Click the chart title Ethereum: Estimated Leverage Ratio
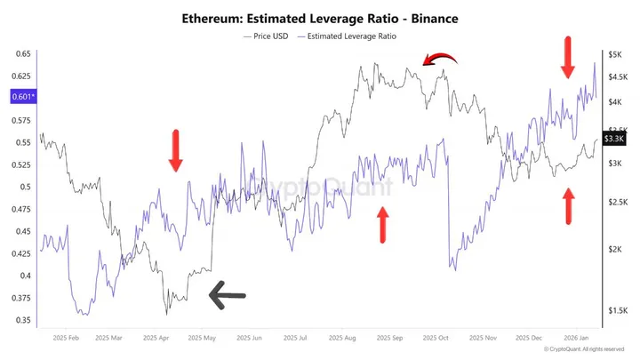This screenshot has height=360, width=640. (320, 17)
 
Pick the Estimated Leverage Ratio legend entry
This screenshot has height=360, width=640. (348, 36)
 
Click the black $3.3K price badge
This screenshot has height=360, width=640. (614, 139)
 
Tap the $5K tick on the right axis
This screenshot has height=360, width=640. (615, 54)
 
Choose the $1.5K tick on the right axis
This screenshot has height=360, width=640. (617, 311)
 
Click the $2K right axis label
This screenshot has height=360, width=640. (615, 250)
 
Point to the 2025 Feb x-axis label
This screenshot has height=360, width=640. (67, 339)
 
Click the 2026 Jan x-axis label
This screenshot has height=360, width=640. (578, 339)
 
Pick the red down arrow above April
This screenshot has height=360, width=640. (176, 150)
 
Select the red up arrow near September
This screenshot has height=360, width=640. (383, 224)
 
